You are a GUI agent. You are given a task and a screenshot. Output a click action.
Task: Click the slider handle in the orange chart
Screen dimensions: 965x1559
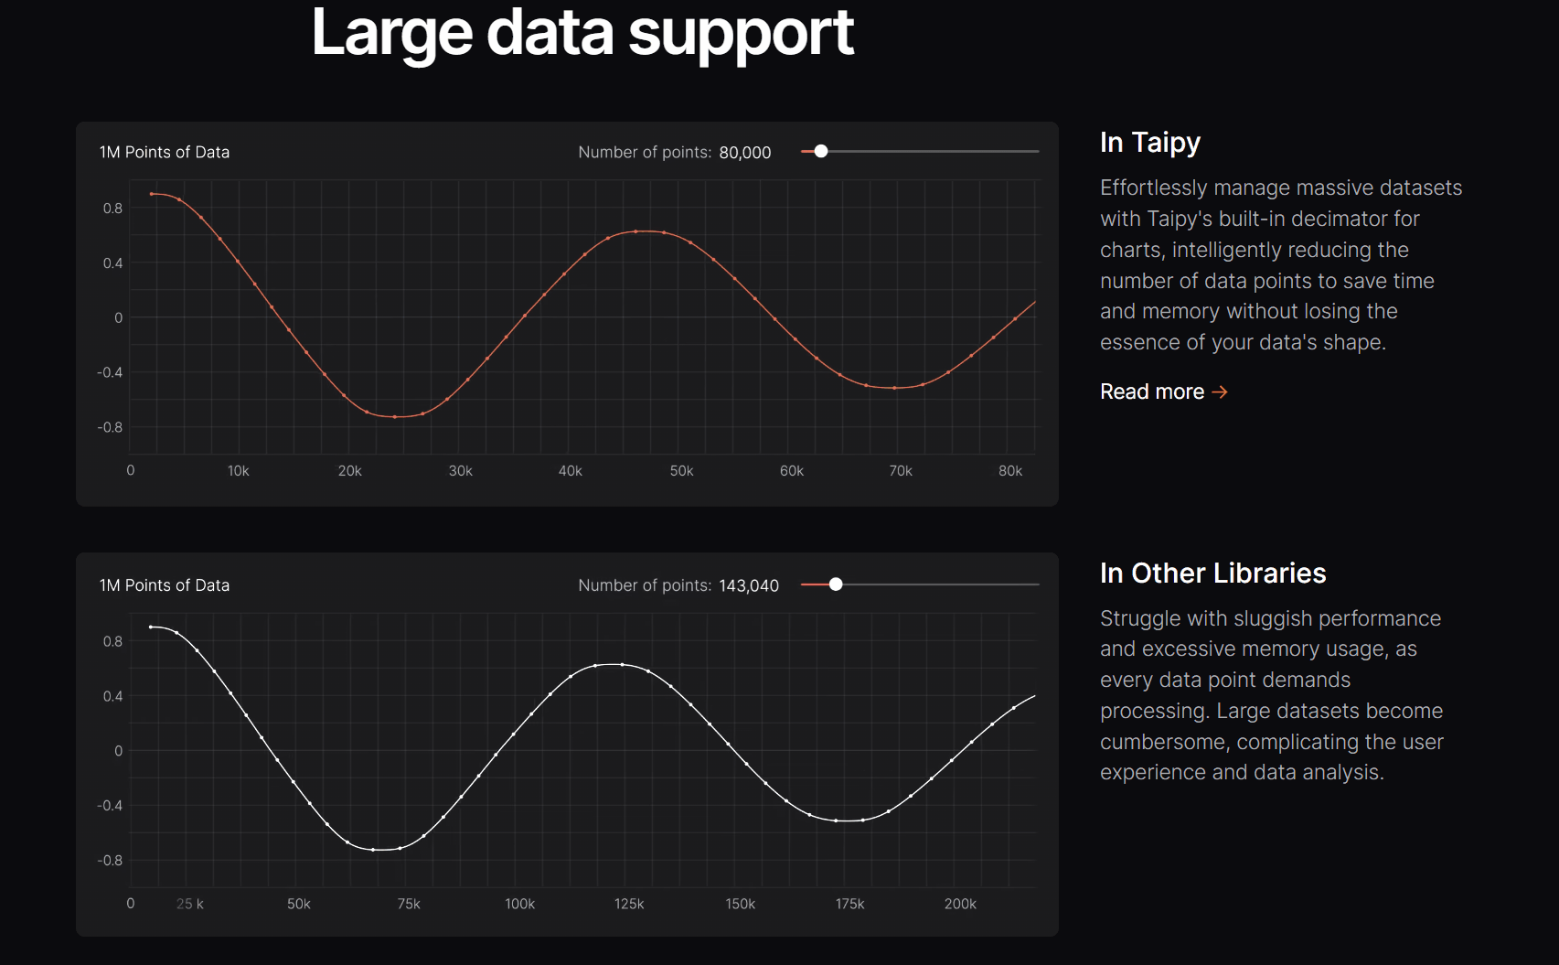[x=821, y=151]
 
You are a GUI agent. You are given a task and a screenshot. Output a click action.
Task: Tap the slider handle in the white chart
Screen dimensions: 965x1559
[x=836, y=584]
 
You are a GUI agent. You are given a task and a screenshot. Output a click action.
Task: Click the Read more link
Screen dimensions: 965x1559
[x=1152, y=391]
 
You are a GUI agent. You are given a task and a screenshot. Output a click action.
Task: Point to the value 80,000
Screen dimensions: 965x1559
[x=744, y=153]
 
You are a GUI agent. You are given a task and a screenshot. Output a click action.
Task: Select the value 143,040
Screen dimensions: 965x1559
[x=748, y=585]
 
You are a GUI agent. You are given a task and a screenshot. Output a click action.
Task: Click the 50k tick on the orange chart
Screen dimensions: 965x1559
[x=681, y=471]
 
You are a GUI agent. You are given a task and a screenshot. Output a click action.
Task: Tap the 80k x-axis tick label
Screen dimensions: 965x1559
[x=1009, y=471]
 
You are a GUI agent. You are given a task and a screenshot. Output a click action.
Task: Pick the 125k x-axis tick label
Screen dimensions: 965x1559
[x=629, y=904]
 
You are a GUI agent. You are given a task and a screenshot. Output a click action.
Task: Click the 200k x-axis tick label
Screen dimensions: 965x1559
[x=960, y=904]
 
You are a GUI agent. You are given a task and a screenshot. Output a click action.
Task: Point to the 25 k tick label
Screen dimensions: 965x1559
[x=190, y=904]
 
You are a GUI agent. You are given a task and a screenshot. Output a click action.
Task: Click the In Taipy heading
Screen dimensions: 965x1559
[x=1149, y=142]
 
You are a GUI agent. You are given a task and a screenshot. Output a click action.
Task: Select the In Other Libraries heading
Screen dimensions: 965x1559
[x=1212, y=573]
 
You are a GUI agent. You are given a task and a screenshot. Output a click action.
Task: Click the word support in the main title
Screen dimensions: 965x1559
[x=741, y=34]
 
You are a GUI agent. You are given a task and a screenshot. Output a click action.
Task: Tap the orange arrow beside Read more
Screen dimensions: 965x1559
[x=1220, y=391]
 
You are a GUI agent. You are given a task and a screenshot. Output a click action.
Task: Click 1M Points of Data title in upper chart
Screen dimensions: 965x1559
[x=165, y=153]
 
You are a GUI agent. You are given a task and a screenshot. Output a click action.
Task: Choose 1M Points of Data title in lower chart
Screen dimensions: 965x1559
[x=165, y=585]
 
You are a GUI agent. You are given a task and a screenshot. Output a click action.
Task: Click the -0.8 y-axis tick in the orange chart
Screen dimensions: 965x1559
[x=110, y=427]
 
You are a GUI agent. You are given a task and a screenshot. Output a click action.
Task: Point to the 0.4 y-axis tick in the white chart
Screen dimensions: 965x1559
[x=112, y=696]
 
